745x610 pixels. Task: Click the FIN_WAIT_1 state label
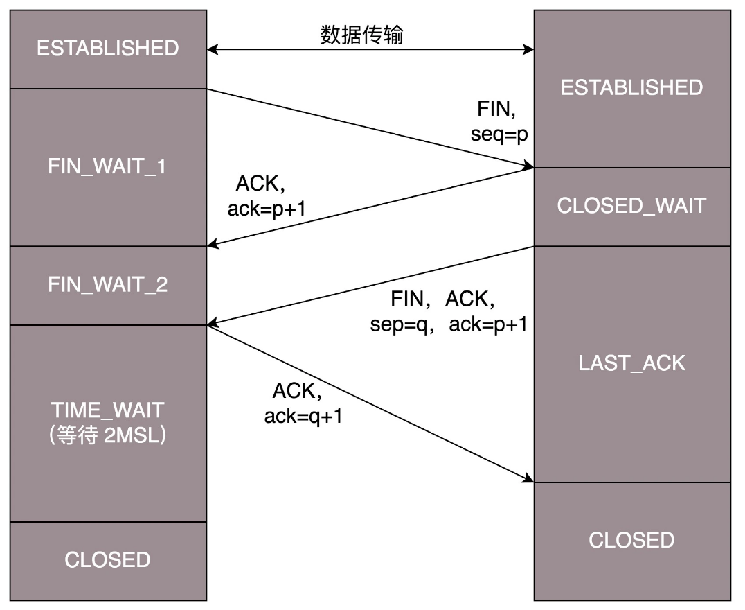[107, 167]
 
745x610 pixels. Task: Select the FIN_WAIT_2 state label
[107, 285]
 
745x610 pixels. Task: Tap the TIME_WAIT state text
[107, 410]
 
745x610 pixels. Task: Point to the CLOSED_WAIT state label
[631, 206]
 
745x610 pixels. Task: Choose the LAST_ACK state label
[631, 363]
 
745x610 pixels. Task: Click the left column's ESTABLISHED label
[107, 49]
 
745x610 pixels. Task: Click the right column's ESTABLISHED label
[631, 87]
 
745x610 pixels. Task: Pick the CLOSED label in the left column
[107, 559]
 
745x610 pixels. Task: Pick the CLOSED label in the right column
[631, 540]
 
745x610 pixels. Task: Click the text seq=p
[499, 134]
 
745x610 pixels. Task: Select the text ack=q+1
[303, 416]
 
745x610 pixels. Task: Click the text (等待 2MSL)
[107, 437]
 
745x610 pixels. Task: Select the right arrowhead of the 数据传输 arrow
[529, 49]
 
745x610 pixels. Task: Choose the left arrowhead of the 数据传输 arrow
[213, 49]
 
